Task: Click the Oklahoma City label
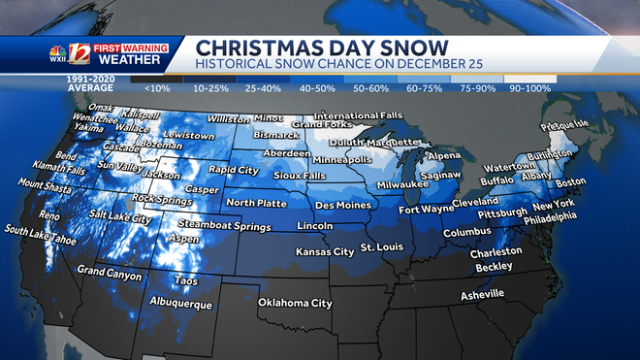tap(295, 303)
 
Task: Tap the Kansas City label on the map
tap(325, 251)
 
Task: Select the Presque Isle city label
tap(563, 124)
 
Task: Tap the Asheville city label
tap(481, 293)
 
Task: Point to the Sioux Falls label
tap(297, 177)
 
